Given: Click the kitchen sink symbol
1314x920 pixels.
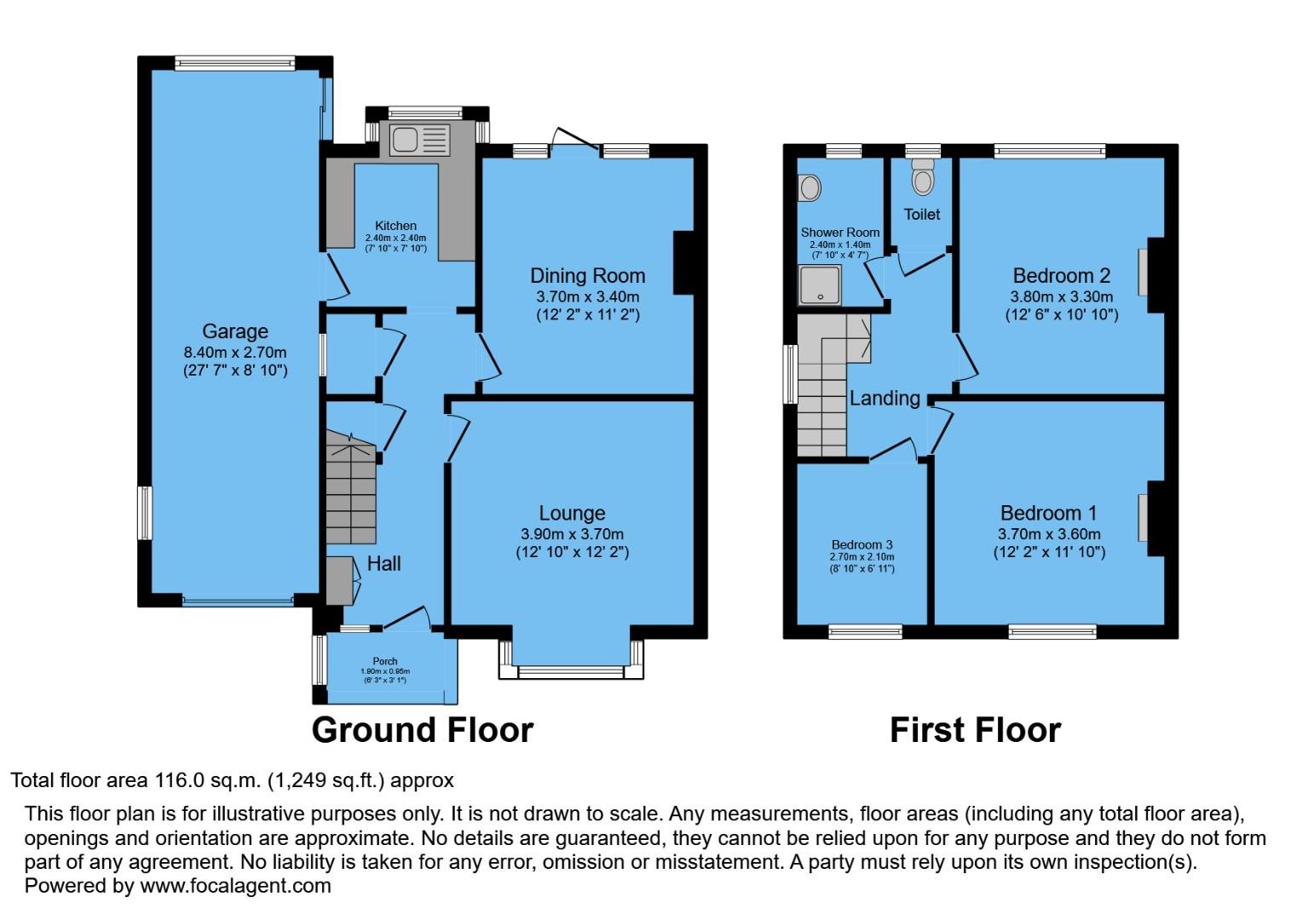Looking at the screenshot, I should click(418, 140).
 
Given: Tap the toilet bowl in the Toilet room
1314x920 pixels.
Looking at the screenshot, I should click(922, 180).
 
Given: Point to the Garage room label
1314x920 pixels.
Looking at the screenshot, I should click(235, 331).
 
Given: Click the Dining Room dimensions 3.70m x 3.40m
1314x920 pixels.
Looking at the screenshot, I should click(587, 296).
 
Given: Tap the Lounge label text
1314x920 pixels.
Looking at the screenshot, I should click(572, 513).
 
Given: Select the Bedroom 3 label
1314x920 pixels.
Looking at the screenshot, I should click(862, 545).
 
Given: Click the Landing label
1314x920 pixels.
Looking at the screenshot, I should click(885, 398).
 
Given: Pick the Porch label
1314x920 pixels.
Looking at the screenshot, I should click(385, 661).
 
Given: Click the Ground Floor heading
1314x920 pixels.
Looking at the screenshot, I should click(423, 730).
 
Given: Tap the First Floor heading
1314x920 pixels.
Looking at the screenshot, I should click(975, 730).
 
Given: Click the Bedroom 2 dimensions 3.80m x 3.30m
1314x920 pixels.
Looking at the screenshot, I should click(1061, 296).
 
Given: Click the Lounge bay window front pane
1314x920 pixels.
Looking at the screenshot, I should click(570, 672).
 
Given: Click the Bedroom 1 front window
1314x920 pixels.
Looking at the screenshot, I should click(1052, 631).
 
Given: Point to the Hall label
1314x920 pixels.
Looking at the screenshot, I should click(383, 563).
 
